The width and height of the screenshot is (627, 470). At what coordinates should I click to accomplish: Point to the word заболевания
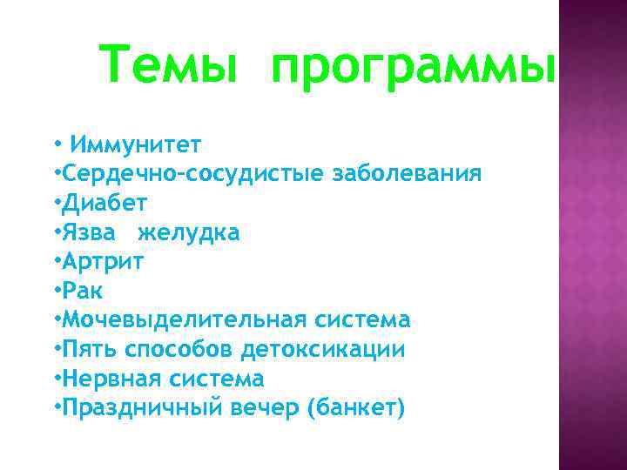[x=407, y=173]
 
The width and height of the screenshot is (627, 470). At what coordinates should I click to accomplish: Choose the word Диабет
[x=104, y=203]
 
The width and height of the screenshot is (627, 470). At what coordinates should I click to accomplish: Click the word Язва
[x=91, y=232]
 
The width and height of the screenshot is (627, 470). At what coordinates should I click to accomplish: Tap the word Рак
[x=82, y=291]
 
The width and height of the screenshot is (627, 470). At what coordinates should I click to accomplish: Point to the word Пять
[x=90, y=350]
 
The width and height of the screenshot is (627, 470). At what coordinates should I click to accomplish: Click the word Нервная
[x=111, y=379]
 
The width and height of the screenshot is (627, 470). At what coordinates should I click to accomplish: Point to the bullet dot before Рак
[x=57, y=290]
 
